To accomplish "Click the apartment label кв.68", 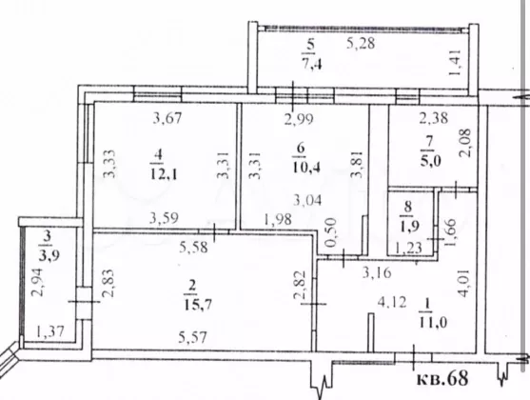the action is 442,378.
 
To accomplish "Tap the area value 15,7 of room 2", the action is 198,305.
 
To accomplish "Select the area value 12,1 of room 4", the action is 164,174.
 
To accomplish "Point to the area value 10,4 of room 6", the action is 306,168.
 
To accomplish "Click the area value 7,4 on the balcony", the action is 312,64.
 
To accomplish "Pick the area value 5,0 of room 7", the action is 431,160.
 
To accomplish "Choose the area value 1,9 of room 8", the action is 410,226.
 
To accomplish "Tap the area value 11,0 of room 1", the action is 433,322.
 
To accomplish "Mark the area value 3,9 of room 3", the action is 49,255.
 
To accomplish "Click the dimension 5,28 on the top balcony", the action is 361,44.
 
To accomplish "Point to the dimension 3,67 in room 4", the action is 167,118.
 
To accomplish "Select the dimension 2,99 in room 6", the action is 299,119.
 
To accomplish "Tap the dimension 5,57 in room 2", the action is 193,337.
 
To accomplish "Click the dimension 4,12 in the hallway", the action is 392,302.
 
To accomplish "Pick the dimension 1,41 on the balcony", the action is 454,63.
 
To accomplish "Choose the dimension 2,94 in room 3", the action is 37,282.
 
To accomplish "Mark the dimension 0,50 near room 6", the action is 330,232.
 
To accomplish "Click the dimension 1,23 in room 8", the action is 408,248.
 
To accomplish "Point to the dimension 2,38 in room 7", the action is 434,118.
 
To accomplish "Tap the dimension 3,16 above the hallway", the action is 377,272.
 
